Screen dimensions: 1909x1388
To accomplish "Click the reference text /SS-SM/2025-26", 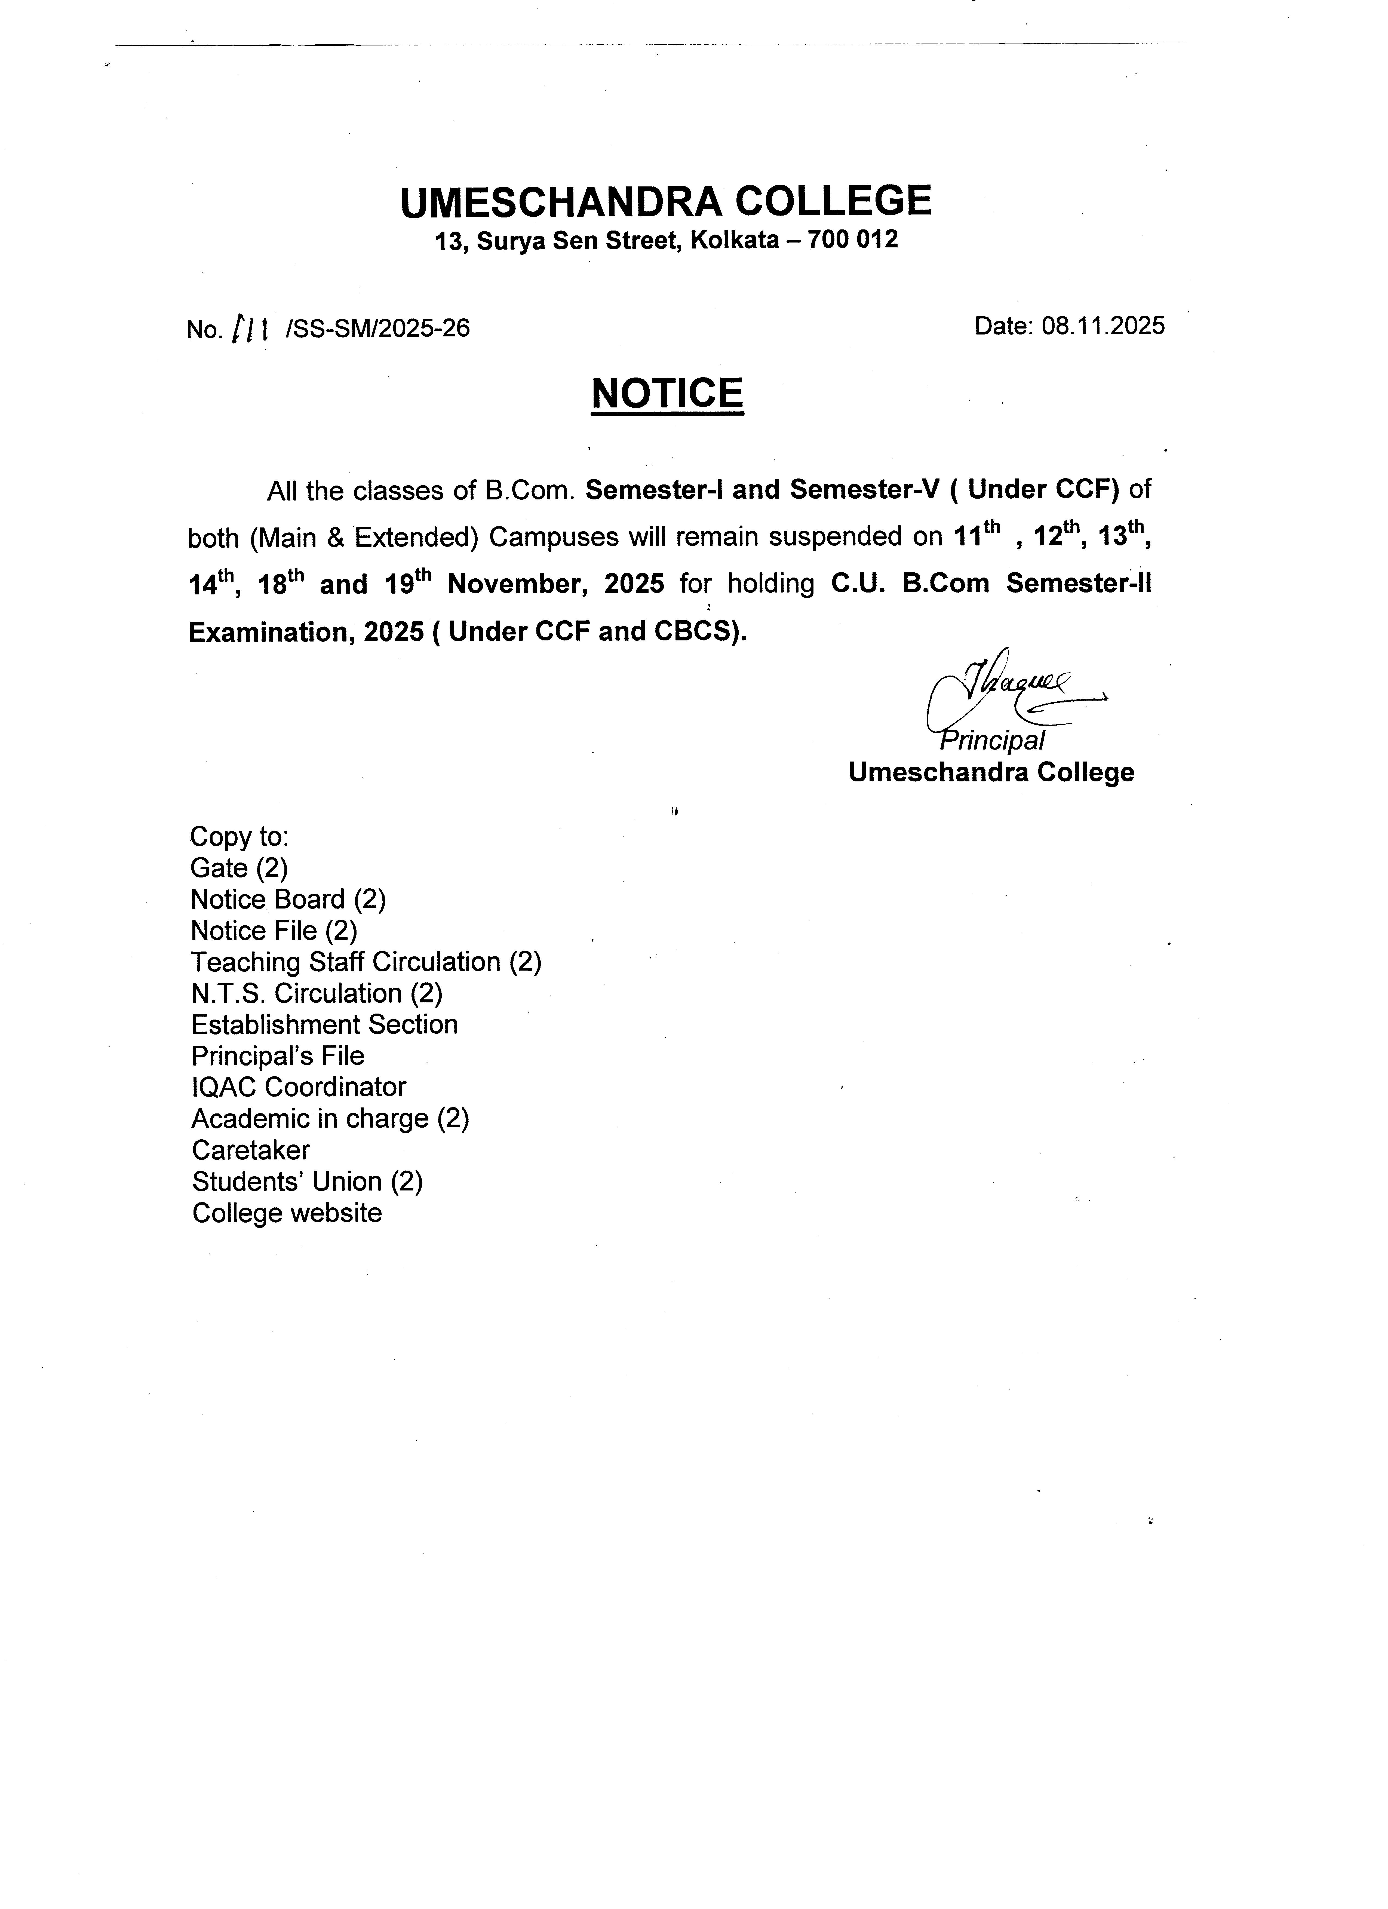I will pos(378,328).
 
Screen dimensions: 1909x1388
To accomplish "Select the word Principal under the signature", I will pos(993,741).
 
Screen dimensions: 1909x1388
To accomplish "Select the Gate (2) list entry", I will pos(239,868).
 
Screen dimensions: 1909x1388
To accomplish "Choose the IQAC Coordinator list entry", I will pos(299,1088).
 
